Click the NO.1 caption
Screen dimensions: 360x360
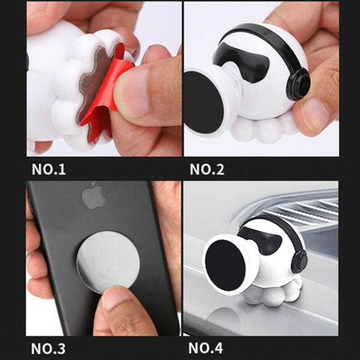coord(48,169)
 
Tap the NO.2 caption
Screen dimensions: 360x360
coord(207,169)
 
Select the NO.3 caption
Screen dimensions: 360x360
coord(48,347)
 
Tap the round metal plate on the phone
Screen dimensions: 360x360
coord(108,262)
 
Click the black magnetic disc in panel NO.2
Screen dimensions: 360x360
coord(204,102)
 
